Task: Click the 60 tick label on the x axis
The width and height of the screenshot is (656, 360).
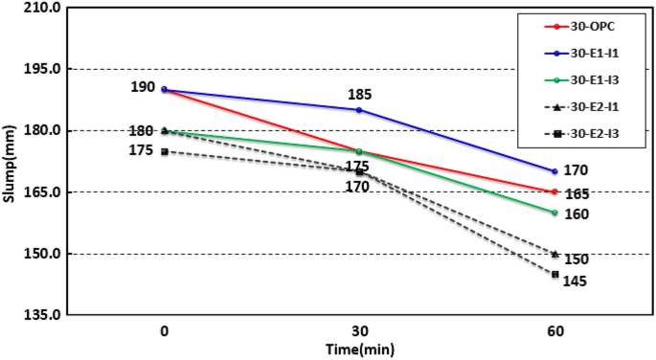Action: pos(554,331)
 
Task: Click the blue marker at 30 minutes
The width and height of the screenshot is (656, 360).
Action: pos(359,110)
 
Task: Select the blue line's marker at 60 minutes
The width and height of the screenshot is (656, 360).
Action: pos(554,171)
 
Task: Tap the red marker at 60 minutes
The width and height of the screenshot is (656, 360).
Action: pos(554,191)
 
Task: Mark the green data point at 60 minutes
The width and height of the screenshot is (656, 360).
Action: pos(554,213)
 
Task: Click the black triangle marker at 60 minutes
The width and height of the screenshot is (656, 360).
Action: pos(554,254)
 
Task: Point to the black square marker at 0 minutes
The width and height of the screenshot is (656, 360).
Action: pos(165,151)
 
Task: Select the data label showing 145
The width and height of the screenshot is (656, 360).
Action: pos(575,281)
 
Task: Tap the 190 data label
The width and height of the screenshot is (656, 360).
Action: pos(143,87)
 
